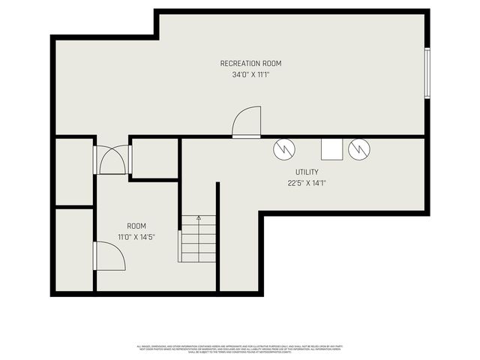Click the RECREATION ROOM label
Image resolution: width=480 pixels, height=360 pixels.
[x=250, y=64]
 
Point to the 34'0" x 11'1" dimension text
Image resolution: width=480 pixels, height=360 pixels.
[x=250, y=75]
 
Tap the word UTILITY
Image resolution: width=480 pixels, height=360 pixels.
[x=307, y=172]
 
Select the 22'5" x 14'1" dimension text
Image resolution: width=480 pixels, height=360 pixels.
[x=307, y=182]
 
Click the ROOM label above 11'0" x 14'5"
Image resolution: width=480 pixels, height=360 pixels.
[x=136, y=226]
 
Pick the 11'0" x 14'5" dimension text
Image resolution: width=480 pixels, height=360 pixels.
[x=136, y=237]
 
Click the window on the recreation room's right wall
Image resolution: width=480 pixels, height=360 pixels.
[x=427, y=73]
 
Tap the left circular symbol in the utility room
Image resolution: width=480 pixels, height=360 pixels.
[x=284, y=149]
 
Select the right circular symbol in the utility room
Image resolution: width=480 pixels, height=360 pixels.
[x=360, y=149]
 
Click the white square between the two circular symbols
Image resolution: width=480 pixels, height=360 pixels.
[x=331, y=149]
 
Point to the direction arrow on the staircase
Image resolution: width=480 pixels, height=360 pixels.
[x=199, y=218]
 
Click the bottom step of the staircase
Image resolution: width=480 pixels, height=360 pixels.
[x=197, y=256]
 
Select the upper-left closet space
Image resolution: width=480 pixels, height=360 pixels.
[x=73, y=171]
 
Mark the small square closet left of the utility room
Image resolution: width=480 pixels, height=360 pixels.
[x=154, y=158]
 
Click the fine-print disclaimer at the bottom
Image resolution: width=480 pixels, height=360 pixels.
[x=239, y=348]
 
